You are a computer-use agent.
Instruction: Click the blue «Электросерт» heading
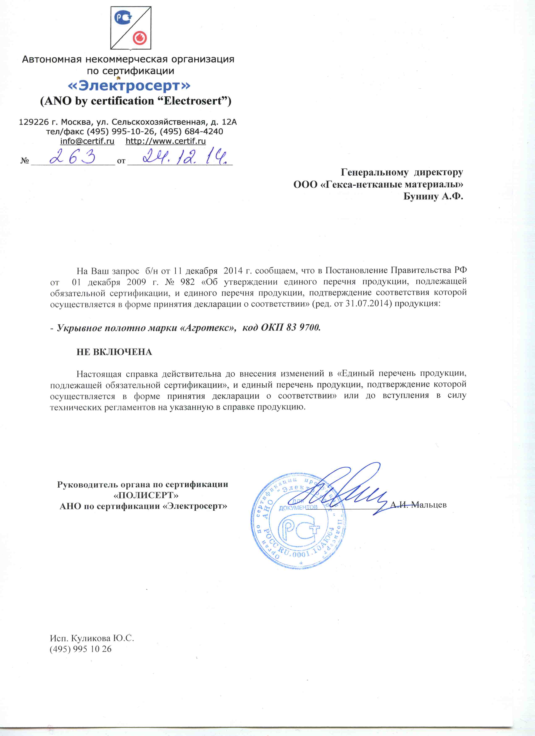click(x=129, y=86)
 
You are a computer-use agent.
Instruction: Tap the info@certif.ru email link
click(x=87, y=141)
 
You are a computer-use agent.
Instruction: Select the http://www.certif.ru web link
click(x=166, y=141)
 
